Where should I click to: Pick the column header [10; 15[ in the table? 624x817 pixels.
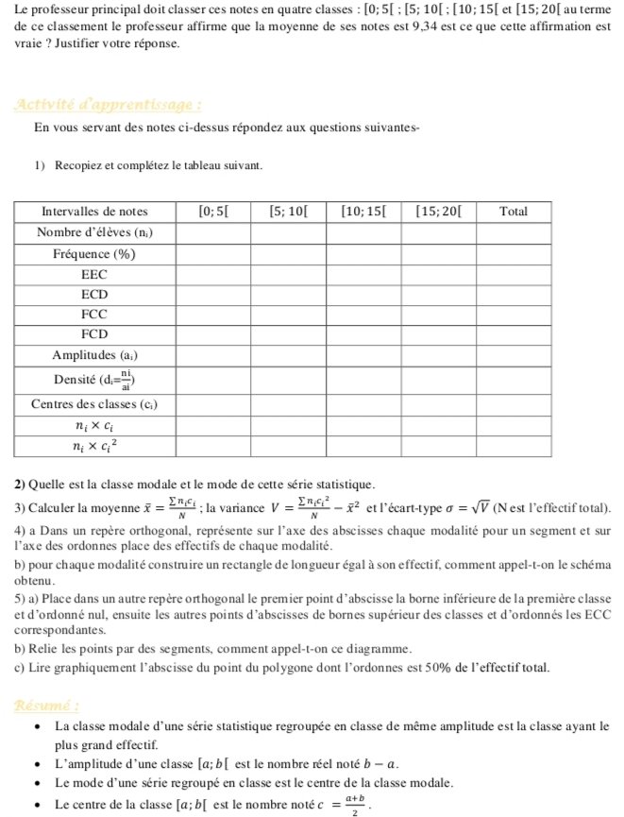point(363,212)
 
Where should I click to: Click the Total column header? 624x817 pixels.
point(513,212)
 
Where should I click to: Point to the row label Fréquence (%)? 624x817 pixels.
point(94,254)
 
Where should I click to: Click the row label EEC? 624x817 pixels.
point(94,274)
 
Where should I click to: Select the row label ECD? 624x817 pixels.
point(94,294)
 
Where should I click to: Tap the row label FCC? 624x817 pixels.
point(94,315)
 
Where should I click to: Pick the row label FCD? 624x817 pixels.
point(94,334)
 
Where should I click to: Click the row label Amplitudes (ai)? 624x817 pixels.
point(94,355)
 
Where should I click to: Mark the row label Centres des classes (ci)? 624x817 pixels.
point(94,404)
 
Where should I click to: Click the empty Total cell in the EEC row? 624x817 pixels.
point(513,274)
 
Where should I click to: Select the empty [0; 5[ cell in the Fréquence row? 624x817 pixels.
point(212,254)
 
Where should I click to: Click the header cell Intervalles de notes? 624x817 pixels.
point(94,212)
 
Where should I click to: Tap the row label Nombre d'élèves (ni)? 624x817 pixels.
point(94,232)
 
